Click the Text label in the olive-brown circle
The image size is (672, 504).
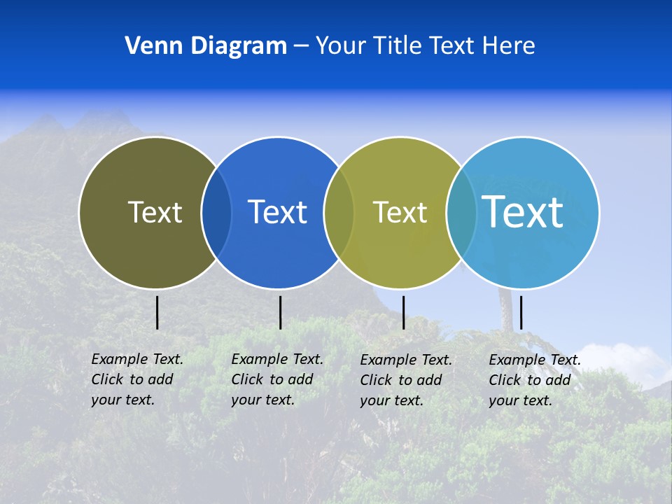[155, 212]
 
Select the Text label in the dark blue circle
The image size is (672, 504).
[278, 212]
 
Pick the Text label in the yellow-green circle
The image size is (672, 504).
[400, 212]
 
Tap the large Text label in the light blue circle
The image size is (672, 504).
[523, 211]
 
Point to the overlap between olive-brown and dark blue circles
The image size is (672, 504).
[216, 212]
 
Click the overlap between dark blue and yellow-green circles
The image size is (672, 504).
[339, 212]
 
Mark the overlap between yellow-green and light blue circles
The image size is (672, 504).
[461, 212]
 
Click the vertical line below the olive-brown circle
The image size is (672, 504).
[157, 312]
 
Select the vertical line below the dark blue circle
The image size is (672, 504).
[280, 312]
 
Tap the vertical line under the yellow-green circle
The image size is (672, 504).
[403, 312]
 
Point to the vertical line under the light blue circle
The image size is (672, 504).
[521, 312]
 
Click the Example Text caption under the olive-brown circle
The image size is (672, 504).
[137, 379]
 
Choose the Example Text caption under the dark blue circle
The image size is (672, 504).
[277, 379]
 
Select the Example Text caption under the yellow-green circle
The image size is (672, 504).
[406, 380]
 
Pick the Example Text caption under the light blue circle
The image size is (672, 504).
[535, 380]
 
